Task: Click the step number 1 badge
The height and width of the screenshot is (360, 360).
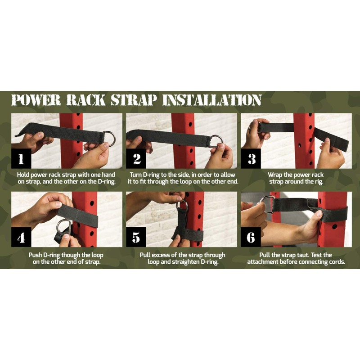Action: pos(21,159)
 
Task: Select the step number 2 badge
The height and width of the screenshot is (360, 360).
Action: pos(136,159)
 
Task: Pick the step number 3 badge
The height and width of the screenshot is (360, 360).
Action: pos(251,159)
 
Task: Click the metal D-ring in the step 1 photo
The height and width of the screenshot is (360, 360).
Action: pos(108,139)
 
